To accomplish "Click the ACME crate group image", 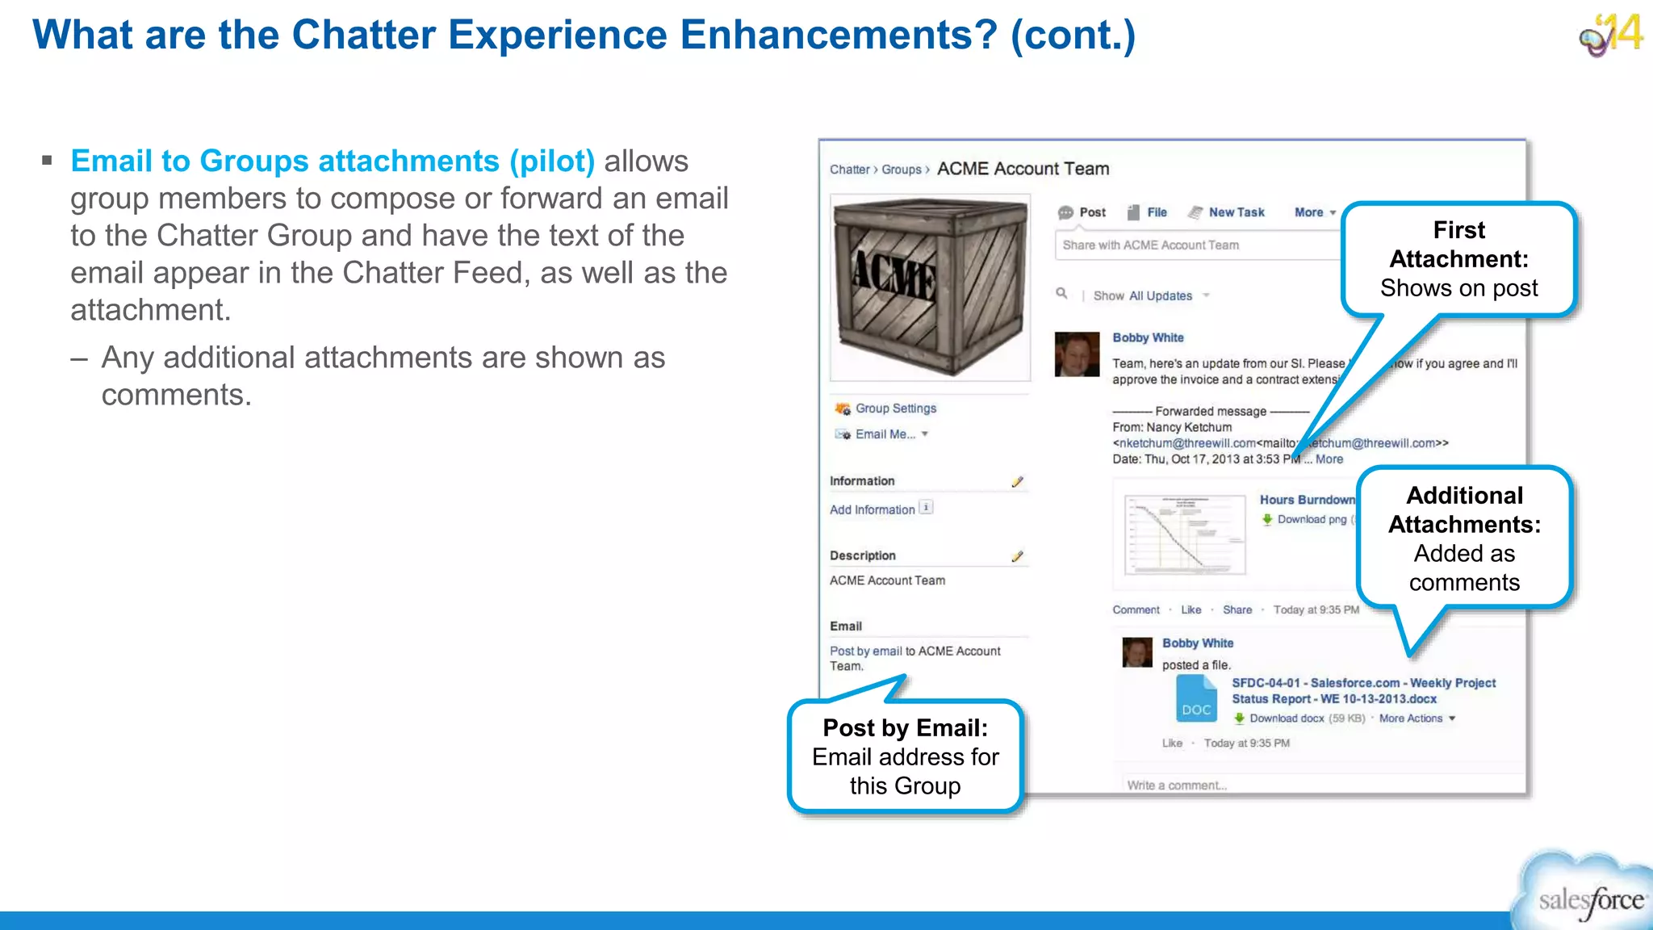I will coord(930,287).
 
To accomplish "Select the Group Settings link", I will coord(895,408).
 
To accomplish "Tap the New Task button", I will coord(1236,212).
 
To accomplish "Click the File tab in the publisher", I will coord(1156,212).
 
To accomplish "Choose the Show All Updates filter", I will coord(1142,296).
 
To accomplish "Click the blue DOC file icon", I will coord(1196,699).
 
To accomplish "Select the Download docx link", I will coord(1286,718).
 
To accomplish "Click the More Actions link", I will coord(1410,718).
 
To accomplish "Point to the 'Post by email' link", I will coord(865,651).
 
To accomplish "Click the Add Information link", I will coord(872,510).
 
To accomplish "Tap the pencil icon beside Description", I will coord(1017,556).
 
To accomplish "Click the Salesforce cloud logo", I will coord(1587,894).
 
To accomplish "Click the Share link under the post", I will coord(1237,610).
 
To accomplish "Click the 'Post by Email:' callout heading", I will coord(905,728).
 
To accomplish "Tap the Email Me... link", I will coord(885,434).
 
